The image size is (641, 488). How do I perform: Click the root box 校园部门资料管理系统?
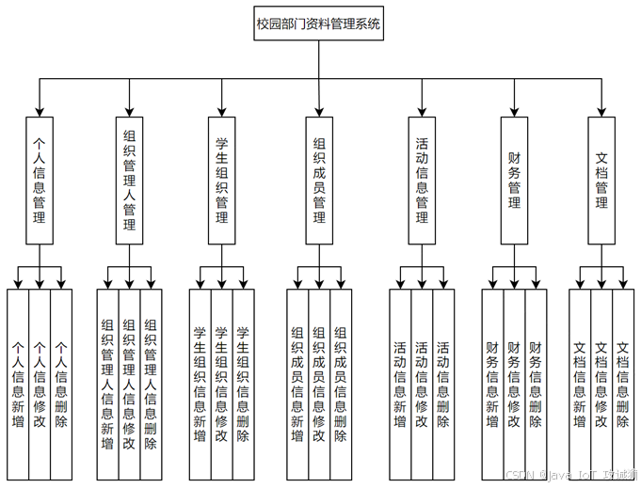tap(319, 25)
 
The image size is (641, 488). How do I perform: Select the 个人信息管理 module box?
tap(40, 181)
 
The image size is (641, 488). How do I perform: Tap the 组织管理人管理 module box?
tap(130, 181)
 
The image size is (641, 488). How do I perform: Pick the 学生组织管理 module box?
tap(222, 181)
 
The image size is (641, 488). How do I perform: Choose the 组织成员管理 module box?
tap(319, 181)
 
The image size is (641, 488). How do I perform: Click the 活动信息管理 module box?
tap(423, 181)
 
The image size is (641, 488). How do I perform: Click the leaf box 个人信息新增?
tap(18, 384)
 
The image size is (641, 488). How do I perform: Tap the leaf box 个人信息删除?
tap(61, 384)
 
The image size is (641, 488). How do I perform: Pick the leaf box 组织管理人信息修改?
tap(130, 384)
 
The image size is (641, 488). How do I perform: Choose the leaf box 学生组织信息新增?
tap(200, 384)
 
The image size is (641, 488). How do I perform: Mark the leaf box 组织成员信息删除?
tap(341, 384)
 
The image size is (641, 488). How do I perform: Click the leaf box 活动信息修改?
tap(423, 384)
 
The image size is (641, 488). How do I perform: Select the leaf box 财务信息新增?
tap(492, 384)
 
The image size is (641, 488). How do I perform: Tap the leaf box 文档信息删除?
tap(623, 384)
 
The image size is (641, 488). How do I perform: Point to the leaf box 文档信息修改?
tap(601, 384)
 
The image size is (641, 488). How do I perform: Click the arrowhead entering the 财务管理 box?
tap(514, 110)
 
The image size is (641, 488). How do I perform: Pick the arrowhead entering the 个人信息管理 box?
tap(40, 110)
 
